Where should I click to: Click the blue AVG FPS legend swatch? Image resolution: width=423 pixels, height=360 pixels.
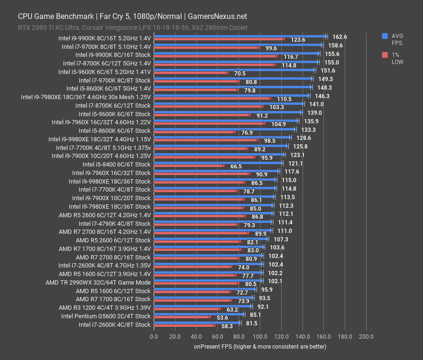point(385,36)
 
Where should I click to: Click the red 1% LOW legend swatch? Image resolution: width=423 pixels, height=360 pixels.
point(385,55)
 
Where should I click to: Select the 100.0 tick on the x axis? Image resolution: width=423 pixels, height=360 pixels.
point(260,337)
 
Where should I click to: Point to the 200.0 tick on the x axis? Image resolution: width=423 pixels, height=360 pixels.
point(366,337)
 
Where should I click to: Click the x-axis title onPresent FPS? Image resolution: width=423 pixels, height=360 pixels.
point(260,346)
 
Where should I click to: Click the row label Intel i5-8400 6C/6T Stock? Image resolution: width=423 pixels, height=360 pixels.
point(116,165)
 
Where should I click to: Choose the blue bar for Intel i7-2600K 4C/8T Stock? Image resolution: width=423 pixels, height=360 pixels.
point(197,323)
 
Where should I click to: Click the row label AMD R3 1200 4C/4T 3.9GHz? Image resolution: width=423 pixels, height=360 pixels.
point(105,307)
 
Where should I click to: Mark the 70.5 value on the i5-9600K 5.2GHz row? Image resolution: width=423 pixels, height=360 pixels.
point(239,74)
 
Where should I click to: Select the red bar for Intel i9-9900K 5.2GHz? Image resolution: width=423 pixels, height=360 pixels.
point(219,39)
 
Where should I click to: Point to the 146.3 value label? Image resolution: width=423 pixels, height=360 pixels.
point(322,96)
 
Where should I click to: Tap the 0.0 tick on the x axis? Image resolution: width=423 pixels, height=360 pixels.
point(154,337)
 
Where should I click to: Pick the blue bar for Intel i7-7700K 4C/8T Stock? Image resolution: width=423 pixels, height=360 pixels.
point(214,188)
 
